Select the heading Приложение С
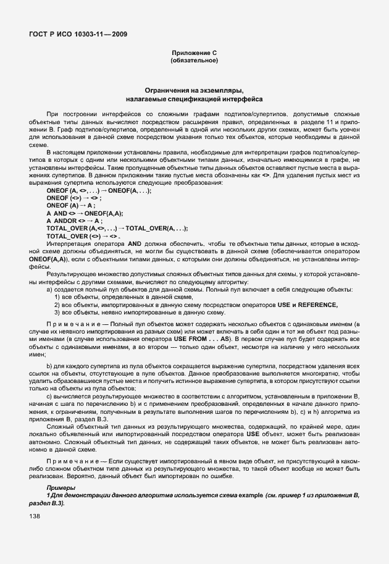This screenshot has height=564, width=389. click(x=194, y=54)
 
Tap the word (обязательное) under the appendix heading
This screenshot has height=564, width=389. click(x=194, y=61)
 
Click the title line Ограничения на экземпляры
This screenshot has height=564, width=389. click(x=194, y=90)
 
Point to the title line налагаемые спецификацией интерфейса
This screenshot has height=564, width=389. click(x=194, y=98)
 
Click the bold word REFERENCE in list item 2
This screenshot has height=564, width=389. click(x=317, y=305)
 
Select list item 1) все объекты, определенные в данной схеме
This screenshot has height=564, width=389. click(x=120, y=297)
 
